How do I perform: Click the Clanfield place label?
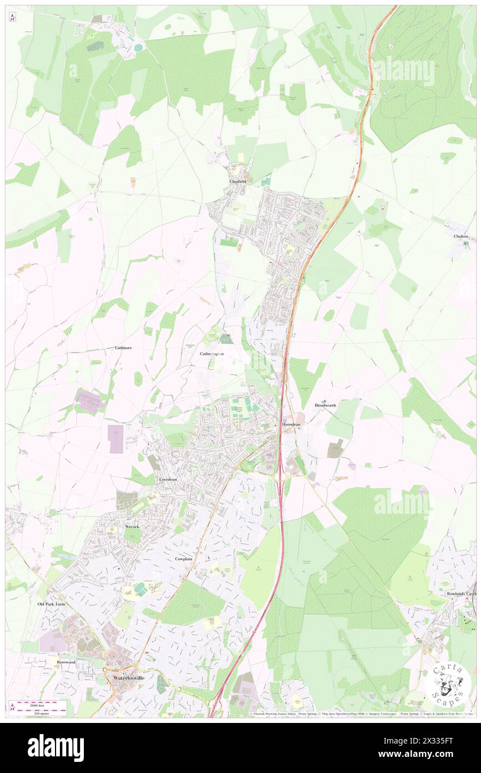coord(237,181)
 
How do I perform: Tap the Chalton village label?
coord(460,236)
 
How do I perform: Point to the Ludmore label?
coord(123,348)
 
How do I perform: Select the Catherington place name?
coord(212,354)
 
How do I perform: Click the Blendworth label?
coord(325,405)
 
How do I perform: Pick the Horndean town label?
coord(291,424)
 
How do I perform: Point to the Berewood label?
coord(66,662)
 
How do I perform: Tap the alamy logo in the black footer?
coord(56,748)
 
